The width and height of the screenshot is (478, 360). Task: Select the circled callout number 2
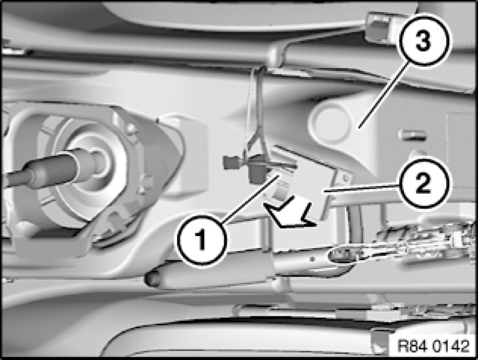click(x=423, y=183)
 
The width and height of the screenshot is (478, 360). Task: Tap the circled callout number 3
click(x=424, y=40)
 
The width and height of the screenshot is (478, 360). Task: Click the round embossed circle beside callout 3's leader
click(x=331, y=122)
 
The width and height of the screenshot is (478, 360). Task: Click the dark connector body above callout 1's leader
click(x=258, y=173)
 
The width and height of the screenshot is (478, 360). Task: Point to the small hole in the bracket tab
click(x=345, y=177)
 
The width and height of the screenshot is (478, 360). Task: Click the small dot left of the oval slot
click(x=312, y=259)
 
